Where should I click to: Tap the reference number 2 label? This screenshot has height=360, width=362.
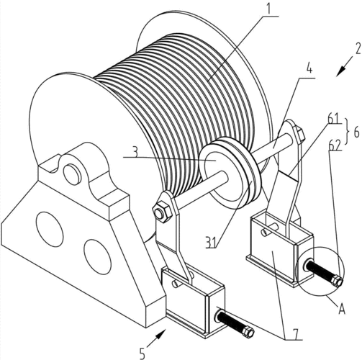point(357,49)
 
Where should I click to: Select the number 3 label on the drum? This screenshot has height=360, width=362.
point(135,151)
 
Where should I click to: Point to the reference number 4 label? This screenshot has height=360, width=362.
point(309,68)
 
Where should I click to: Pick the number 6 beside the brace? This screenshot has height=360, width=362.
point(356,132)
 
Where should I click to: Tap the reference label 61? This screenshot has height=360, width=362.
point(334,119)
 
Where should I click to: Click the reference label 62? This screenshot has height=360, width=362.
point(335,145)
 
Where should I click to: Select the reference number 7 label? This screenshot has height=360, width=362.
point(297,333)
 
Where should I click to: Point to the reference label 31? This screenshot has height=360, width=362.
point(211,242)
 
